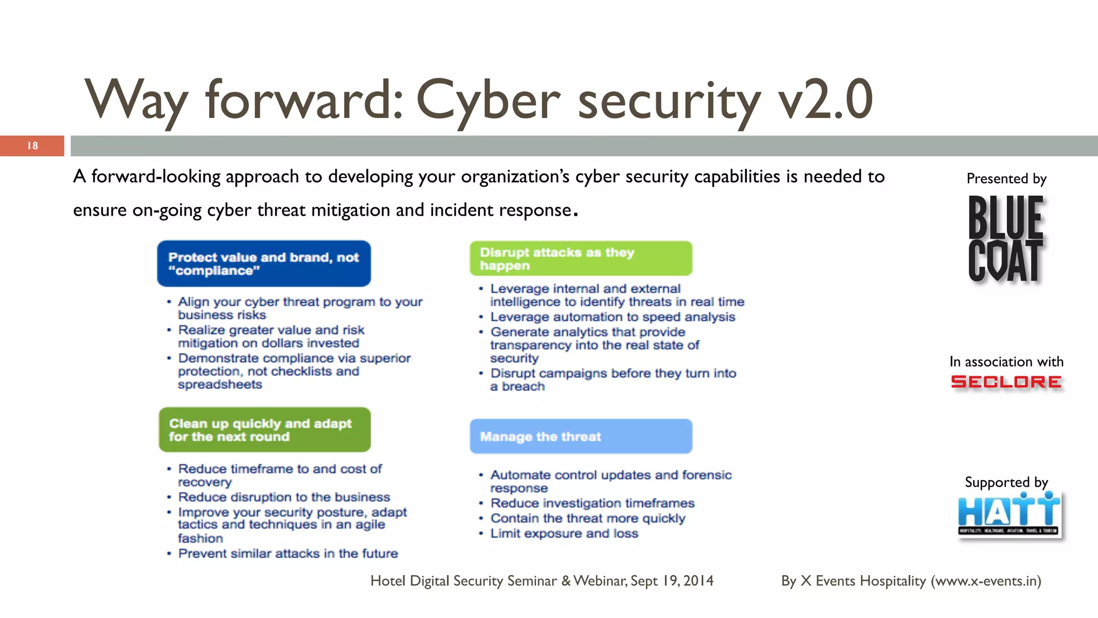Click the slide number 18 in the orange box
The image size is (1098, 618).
point(33,146)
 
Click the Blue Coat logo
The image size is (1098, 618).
point(1006,239)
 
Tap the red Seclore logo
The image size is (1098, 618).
point(1006,382)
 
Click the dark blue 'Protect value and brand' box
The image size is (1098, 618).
point(264,263)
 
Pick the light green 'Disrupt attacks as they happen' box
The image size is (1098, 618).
point(581,259)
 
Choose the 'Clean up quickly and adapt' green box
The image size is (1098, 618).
point(264,430)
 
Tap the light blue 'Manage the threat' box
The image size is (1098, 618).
point(581,437)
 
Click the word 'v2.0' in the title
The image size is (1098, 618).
point(826,100)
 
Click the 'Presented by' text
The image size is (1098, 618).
point(1006,179)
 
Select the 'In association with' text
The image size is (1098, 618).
point(1006,362)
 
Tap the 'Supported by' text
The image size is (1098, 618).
point(1006,482)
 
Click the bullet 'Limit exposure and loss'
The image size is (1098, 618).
point(564,534)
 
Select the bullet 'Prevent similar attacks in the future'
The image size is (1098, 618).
point(288,554)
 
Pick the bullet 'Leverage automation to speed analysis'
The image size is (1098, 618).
point(612,317)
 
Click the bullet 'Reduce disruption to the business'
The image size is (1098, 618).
point(284,497)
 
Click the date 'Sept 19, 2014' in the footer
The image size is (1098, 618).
point(672,581)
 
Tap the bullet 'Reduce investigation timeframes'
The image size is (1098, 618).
point(592,503)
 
